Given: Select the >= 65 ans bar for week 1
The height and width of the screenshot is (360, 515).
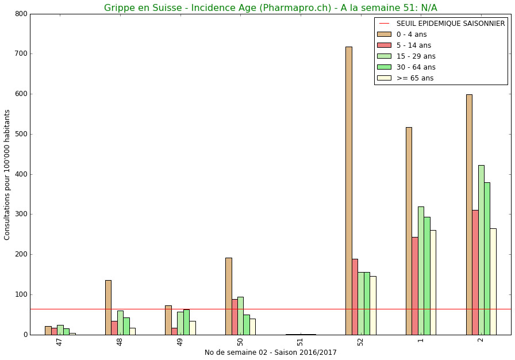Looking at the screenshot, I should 433,282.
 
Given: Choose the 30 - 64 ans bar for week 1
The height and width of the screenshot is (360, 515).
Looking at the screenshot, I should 426,276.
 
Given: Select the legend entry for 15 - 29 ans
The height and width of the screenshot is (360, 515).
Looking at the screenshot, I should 416,56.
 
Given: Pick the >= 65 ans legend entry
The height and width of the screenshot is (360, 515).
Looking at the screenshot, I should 414,78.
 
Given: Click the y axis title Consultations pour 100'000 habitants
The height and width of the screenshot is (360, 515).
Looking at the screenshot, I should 7,175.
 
